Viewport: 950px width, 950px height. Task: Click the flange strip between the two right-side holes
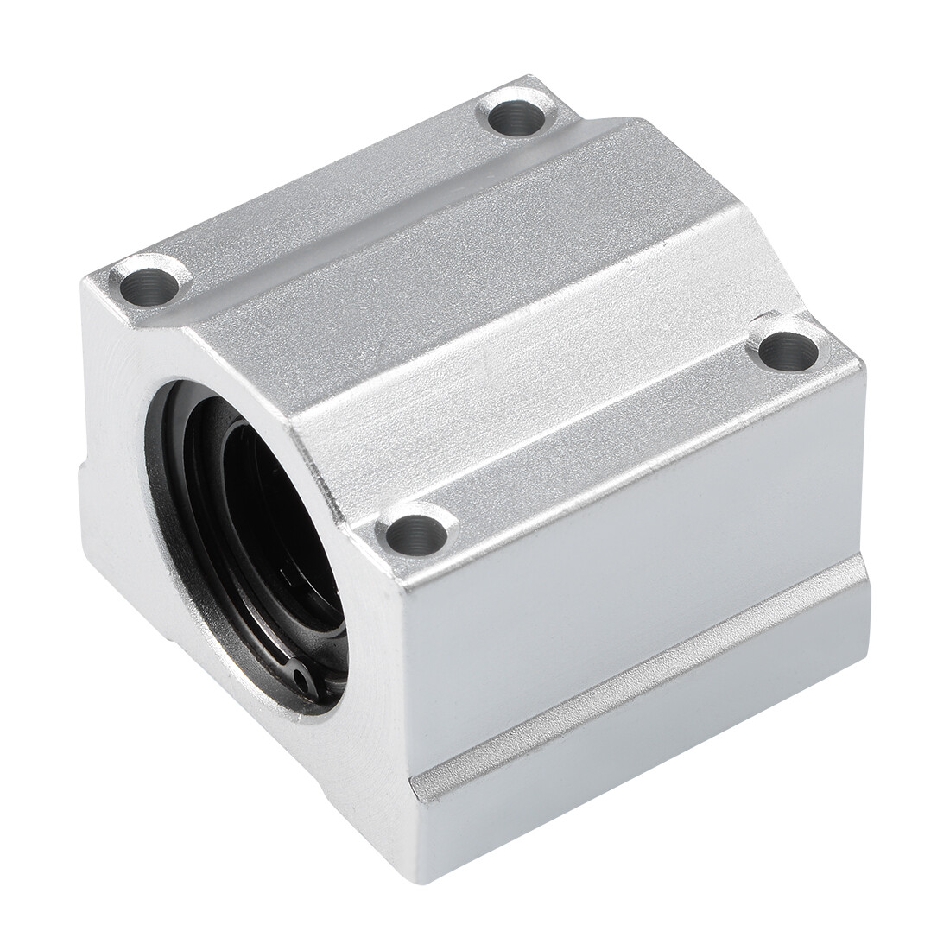[605, 440]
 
